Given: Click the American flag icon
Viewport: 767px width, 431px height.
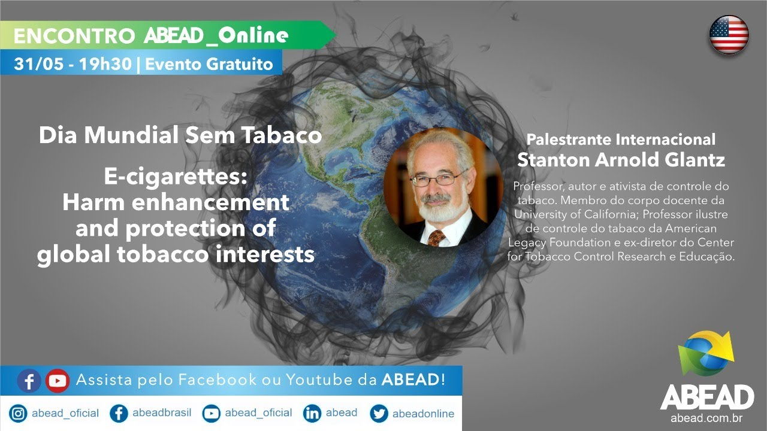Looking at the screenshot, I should point(729,34).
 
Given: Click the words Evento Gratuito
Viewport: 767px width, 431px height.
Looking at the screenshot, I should point(209,64).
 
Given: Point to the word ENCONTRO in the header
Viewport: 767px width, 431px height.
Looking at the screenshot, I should point(74,36).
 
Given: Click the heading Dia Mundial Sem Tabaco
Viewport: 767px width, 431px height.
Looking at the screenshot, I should point(180,135).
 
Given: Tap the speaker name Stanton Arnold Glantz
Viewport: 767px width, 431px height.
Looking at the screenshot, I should point(621,160).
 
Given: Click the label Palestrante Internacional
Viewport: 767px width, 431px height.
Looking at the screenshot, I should point(621,139).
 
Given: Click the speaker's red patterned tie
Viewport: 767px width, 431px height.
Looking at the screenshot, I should point(436,238).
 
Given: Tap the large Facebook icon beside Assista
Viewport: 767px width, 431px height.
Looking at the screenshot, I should point(29,380).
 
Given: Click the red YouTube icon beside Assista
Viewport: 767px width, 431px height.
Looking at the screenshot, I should point(58,380).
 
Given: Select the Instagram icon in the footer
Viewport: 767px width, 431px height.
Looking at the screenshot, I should point(19,414).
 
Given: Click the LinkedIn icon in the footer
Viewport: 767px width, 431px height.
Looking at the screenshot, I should point(312,414).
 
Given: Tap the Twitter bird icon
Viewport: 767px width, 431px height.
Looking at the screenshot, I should point(379,414).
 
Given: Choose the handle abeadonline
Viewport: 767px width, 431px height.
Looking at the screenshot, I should point(423,414).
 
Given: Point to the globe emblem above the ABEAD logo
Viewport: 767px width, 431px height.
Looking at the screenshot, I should point(706,353).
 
